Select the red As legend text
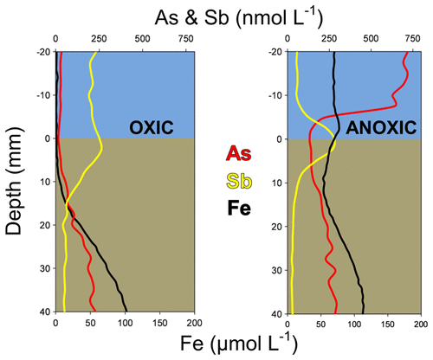click(238, 154)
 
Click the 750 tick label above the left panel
click(185, 38)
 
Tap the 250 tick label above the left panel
click(99, 38)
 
